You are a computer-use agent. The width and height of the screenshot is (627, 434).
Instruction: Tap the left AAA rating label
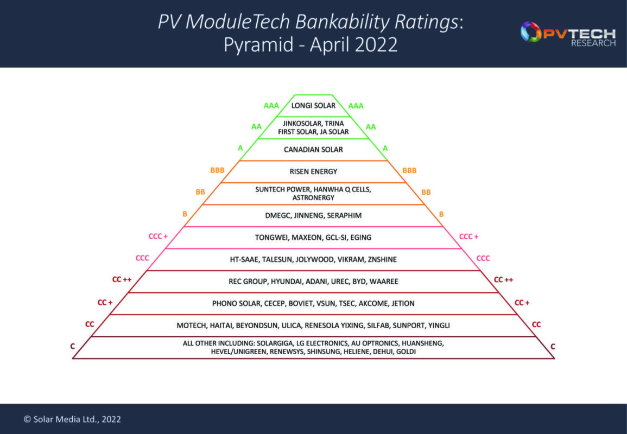(271, 105)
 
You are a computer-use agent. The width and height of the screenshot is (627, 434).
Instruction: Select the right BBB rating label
(409, 170)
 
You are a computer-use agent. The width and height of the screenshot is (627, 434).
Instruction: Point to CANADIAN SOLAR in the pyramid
(313, 149)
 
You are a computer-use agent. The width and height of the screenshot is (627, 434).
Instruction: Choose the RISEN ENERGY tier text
(313, 171)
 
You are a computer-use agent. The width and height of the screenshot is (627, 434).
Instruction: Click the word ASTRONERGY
(313, 198)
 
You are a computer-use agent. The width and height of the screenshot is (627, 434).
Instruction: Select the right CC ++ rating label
(503, 280)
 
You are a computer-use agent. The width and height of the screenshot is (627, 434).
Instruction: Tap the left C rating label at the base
(73, 346)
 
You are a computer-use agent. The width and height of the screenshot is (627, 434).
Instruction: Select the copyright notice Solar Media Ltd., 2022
(72, 419)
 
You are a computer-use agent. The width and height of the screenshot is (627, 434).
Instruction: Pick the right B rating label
(441, 214)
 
